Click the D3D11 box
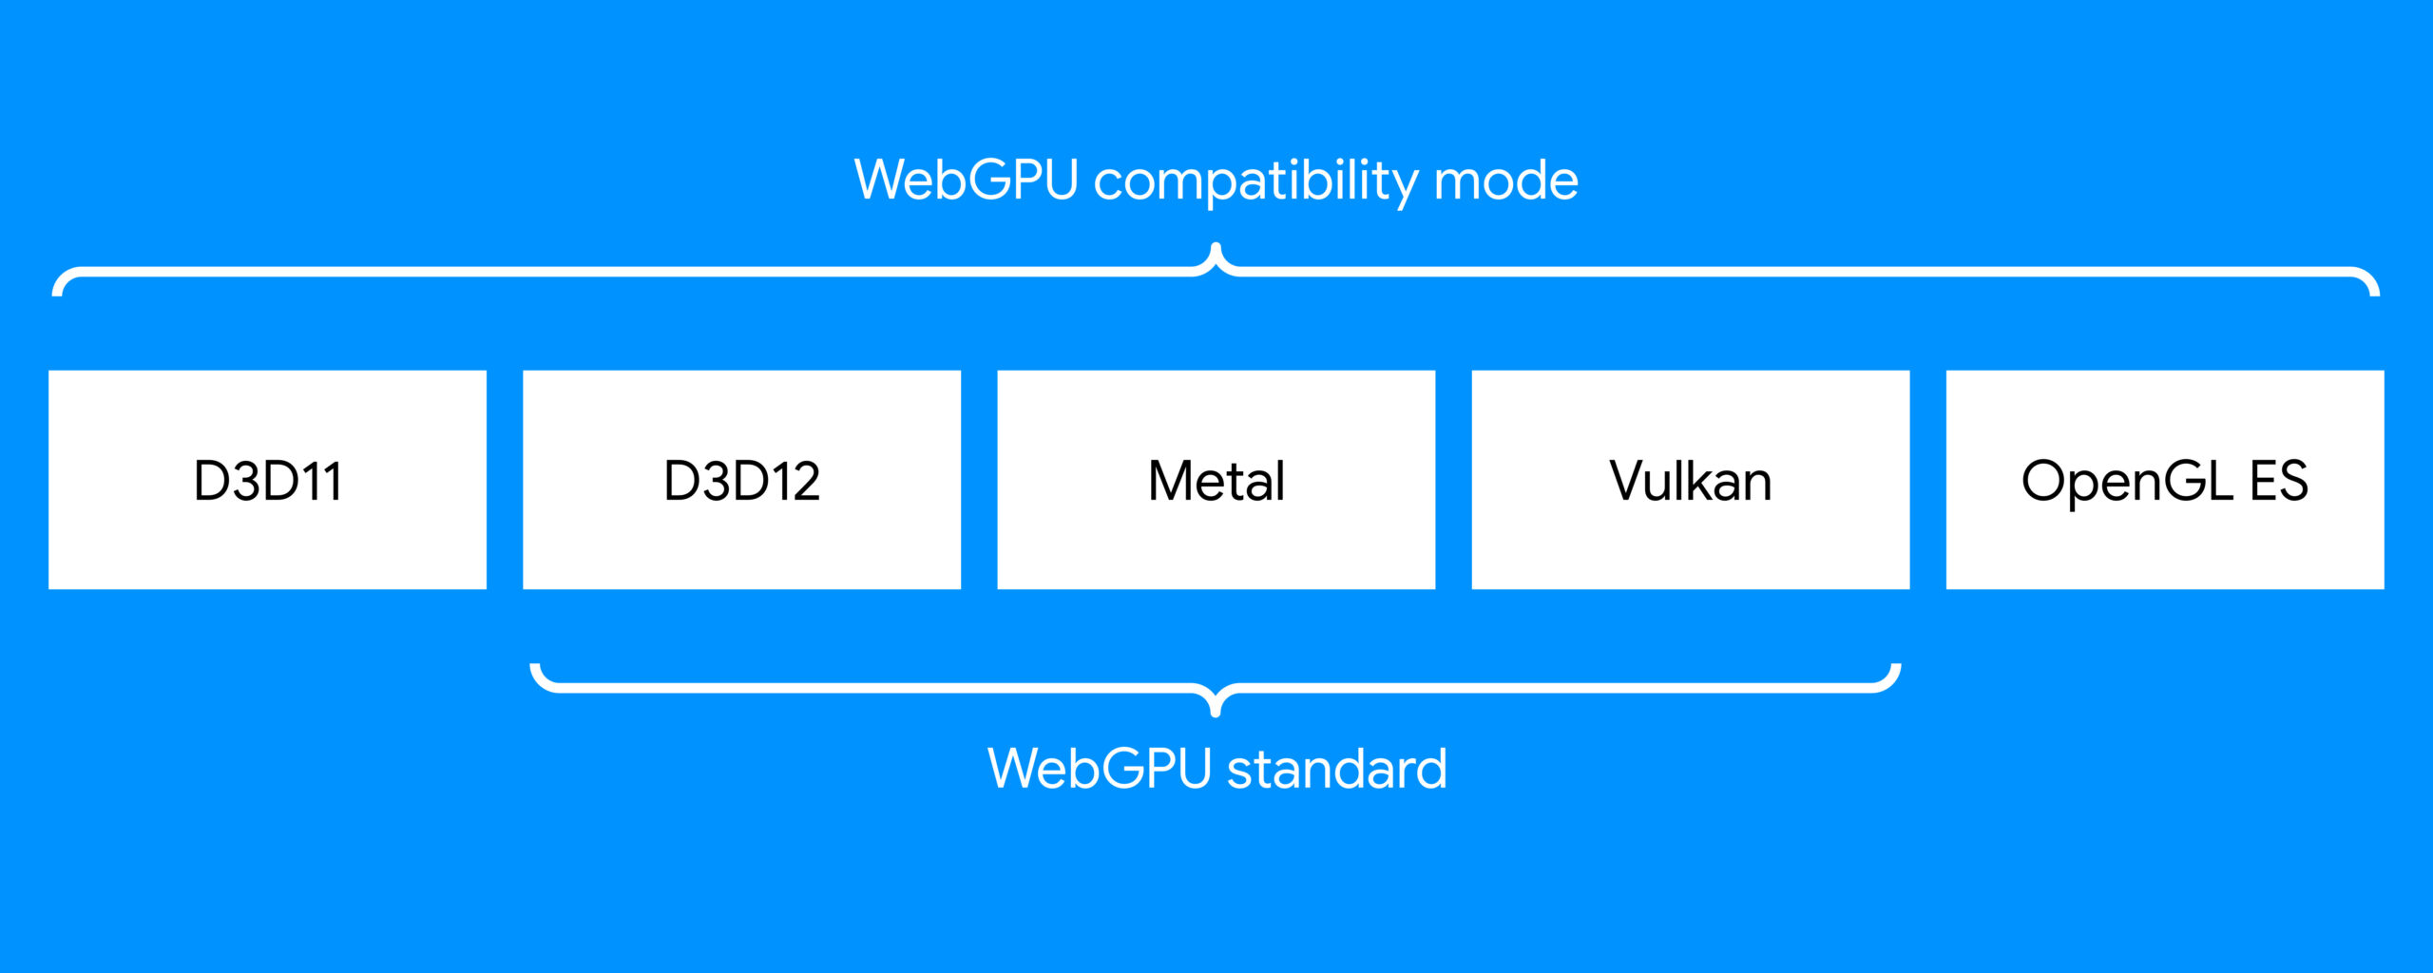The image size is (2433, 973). coord(267,480)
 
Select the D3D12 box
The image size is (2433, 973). coord(741,480)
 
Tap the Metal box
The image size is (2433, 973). coord(1216,480)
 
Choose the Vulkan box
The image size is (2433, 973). coord(1690,480)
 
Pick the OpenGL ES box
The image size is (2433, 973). coord(2165,480)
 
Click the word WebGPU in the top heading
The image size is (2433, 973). coord(967,180)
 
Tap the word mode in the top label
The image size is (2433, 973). coord(1506,180)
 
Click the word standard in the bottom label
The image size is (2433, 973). coord(1337,768)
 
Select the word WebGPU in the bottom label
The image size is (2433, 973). coord(1100,768)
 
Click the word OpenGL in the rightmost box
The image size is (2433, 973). coord(2127,483)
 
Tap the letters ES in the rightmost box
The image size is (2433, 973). coord(2279,480)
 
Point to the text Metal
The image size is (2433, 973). coord(1216,480)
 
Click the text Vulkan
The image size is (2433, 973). coord(1691,480)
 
